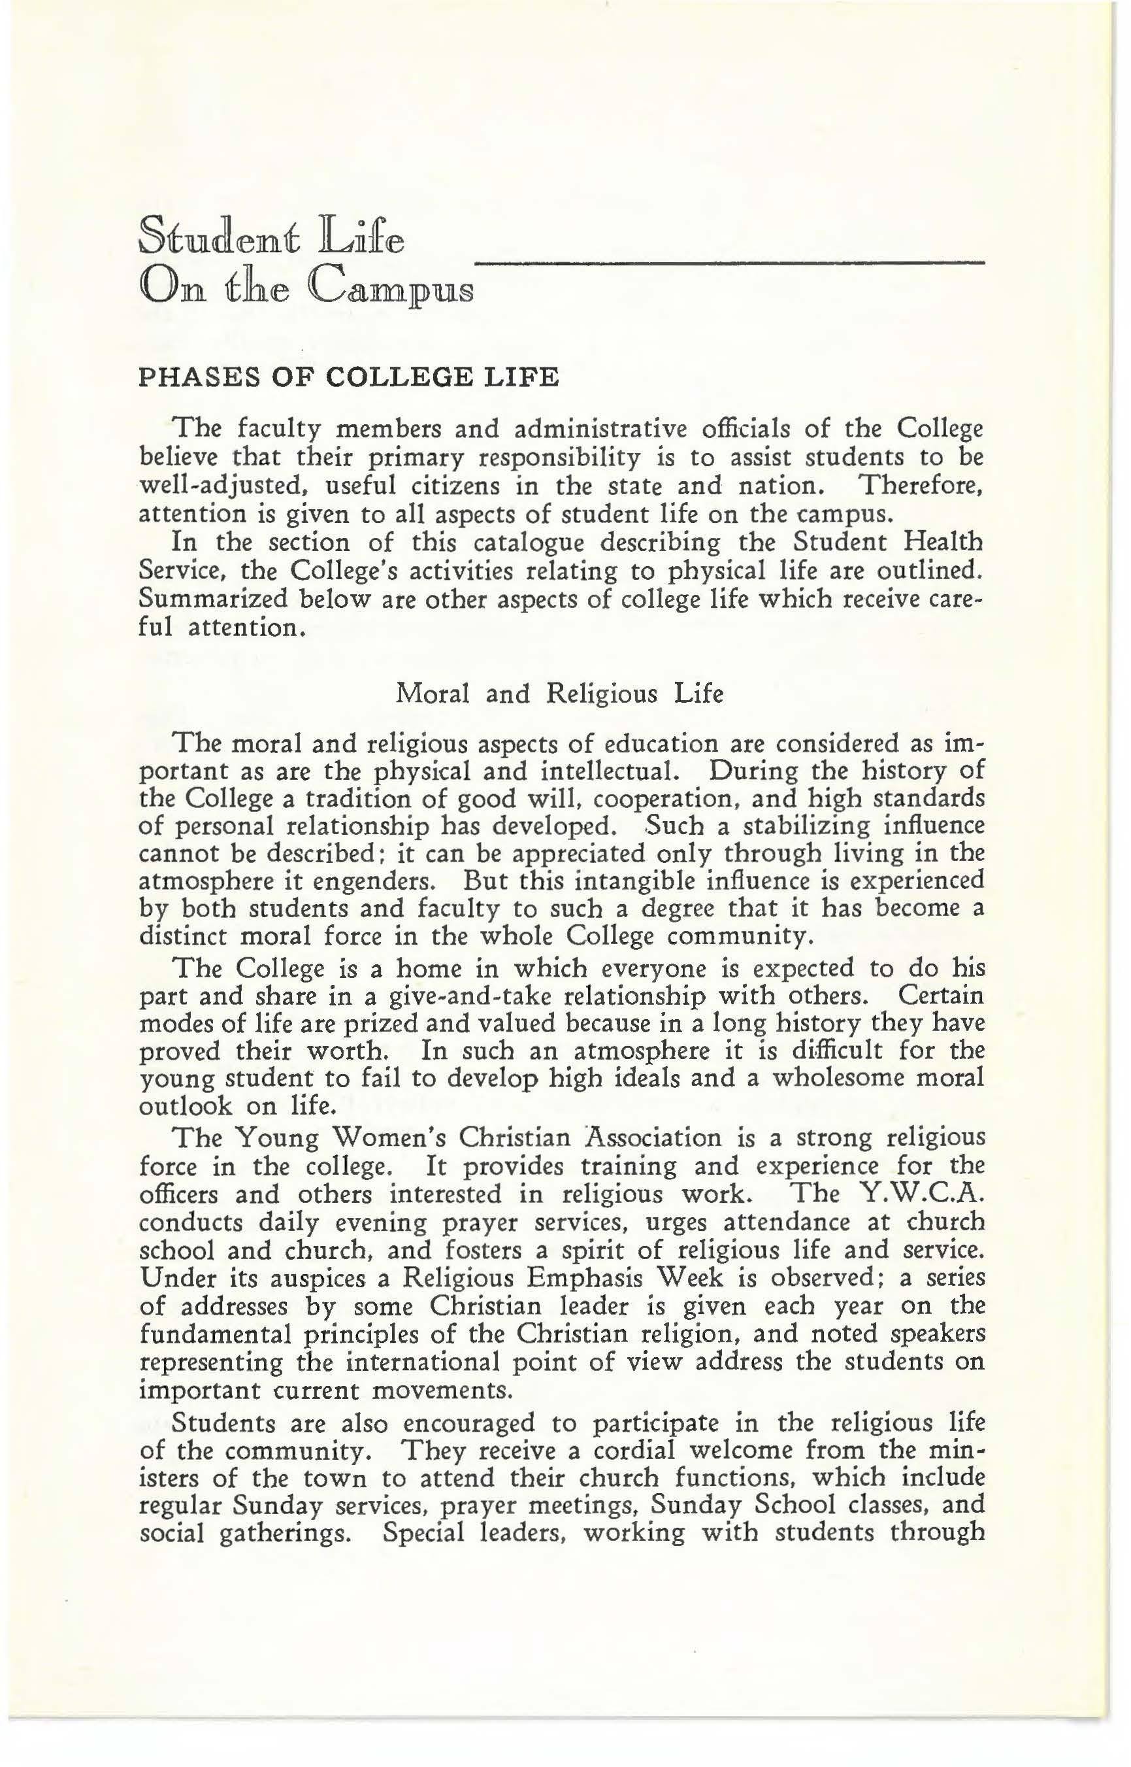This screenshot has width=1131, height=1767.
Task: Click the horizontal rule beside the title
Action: click(x=729, y=263)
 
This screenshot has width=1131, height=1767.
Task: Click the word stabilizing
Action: click(x=806, y=825)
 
